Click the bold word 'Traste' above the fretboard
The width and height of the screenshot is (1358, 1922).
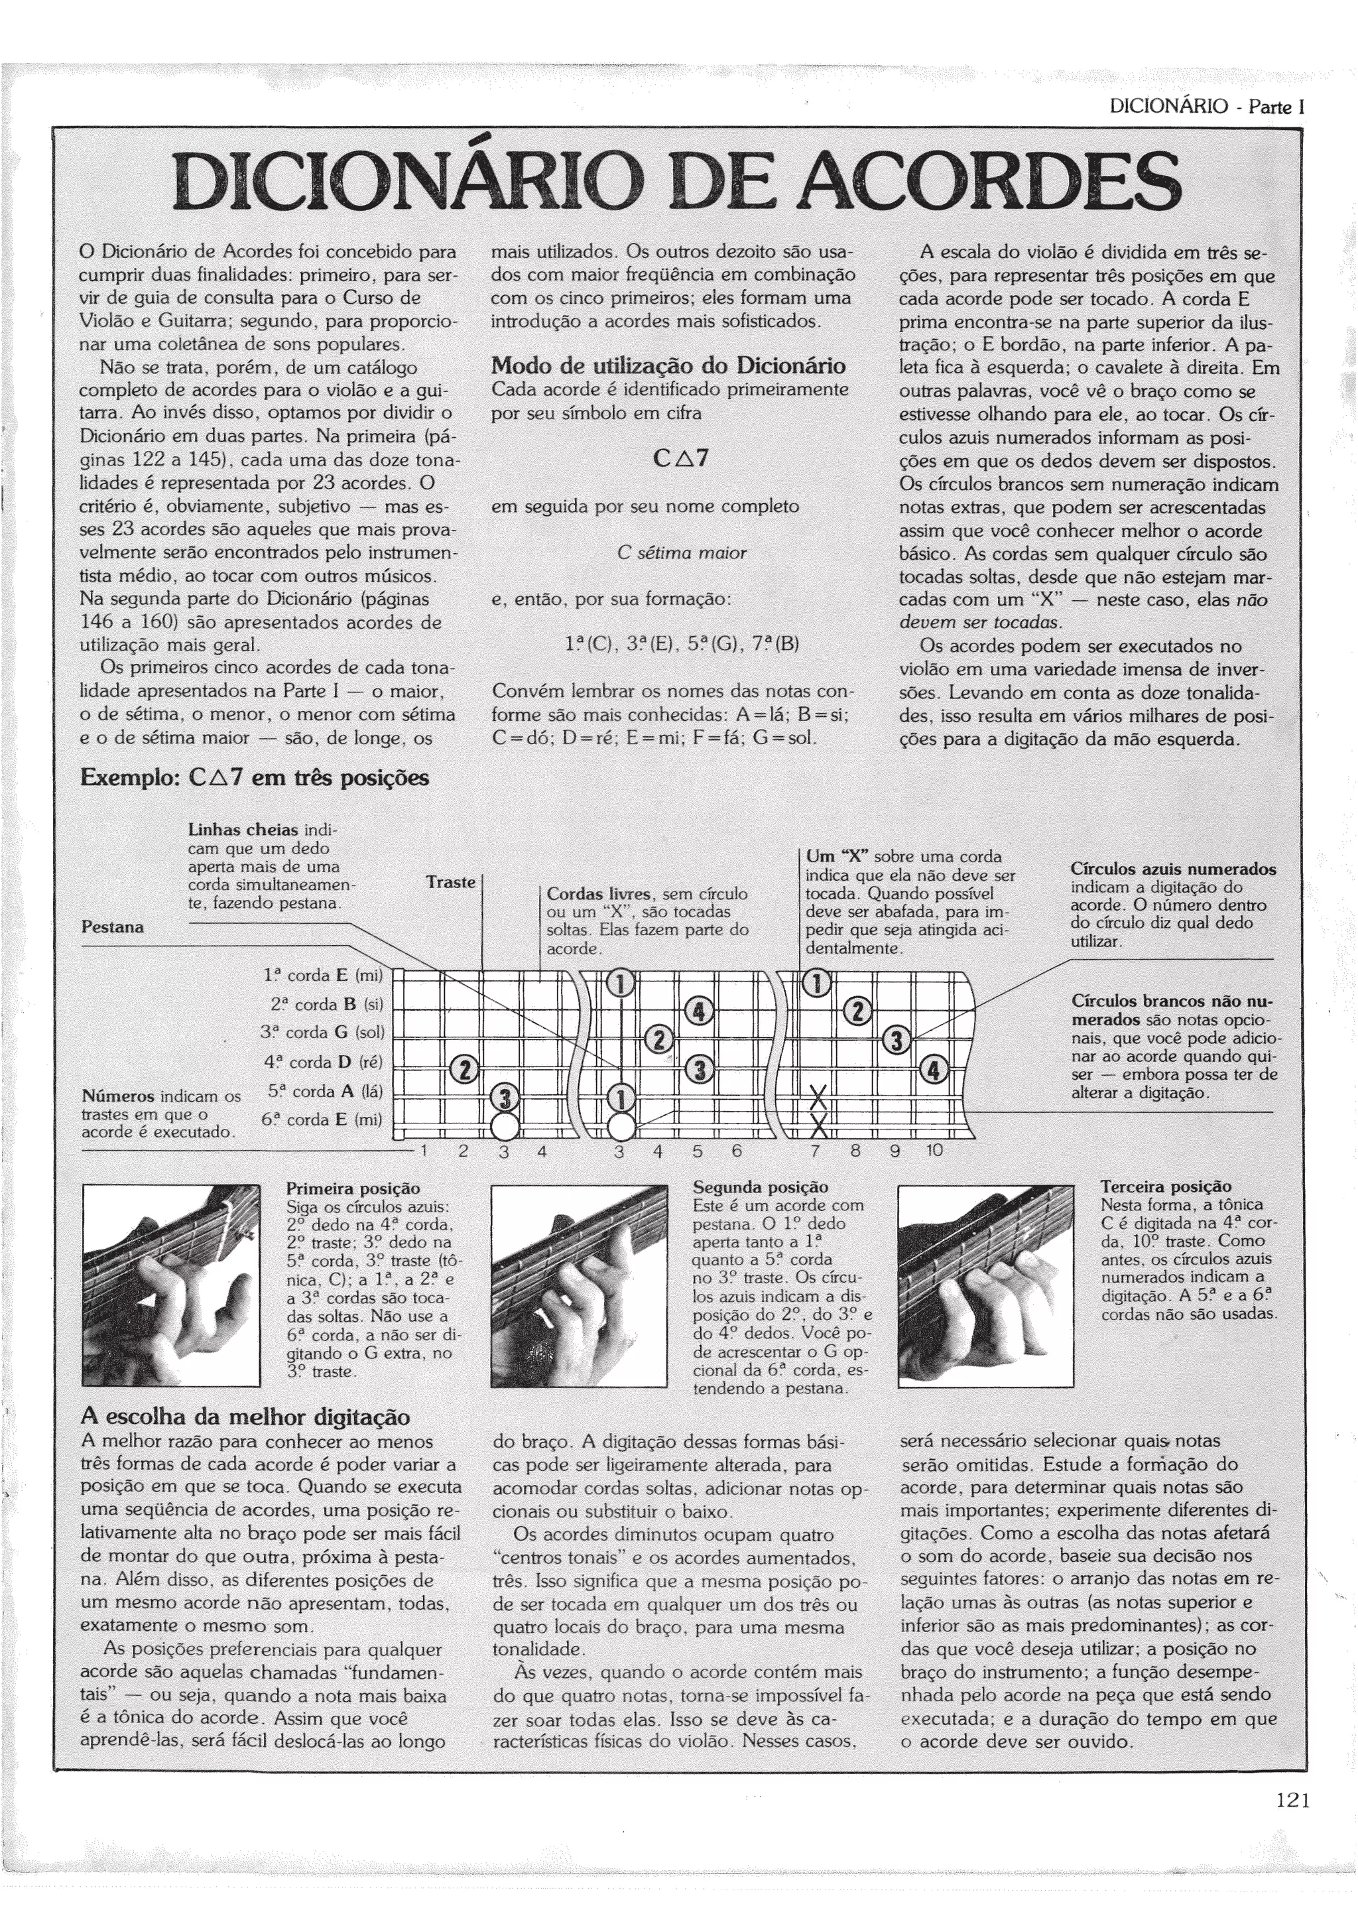[x=450, y=882]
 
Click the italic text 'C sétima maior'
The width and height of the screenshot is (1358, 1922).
[x=681, y=552]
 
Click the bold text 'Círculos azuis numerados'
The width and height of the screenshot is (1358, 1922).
[x=1173, y=869]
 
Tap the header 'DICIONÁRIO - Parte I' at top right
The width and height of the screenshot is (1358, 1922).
[x=1207, y=107]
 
